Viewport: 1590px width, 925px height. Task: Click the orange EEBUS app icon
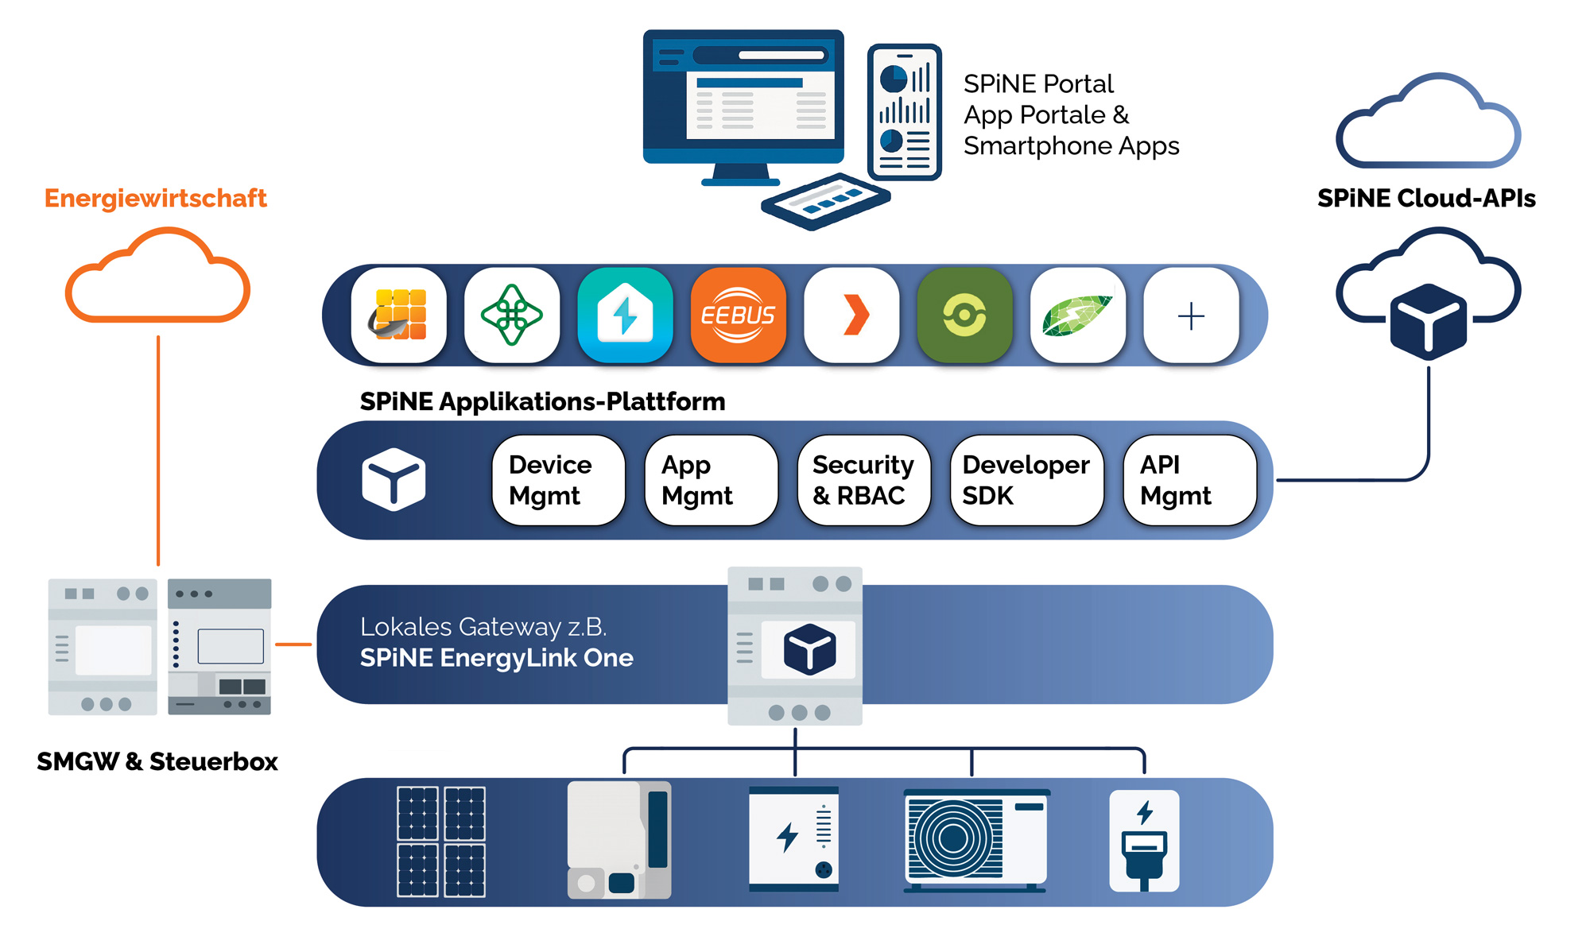click(738, 315)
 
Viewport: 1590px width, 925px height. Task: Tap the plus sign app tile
click(1190, 315)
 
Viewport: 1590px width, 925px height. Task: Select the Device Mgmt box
click(558, 480)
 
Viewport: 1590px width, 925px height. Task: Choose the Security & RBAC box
click(863, 480)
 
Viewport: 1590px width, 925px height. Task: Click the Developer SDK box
click(1026, 480)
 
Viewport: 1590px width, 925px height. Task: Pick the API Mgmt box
click(1189, 480)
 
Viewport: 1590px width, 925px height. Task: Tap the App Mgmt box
click(711, 480)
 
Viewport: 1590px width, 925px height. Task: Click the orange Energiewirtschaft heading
click(155, 198)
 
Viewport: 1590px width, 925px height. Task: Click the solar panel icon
click(441, 842)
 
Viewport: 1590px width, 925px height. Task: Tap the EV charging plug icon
click(1144, 841)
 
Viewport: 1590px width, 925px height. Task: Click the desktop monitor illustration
click(743, 103)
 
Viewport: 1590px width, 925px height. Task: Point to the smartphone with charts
click(905, 112)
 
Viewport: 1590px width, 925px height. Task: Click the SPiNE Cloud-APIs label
click(1426, 198)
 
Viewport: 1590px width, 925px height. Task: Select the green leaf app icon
click(1077, 315)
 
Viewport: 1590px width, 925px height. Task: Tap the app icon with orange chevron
click(851, 315)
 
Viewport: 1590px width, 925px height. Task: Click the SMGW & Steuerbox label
click(157, 761)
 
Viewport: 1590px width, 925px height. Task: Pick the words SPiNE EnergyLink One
click(496, 658)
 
